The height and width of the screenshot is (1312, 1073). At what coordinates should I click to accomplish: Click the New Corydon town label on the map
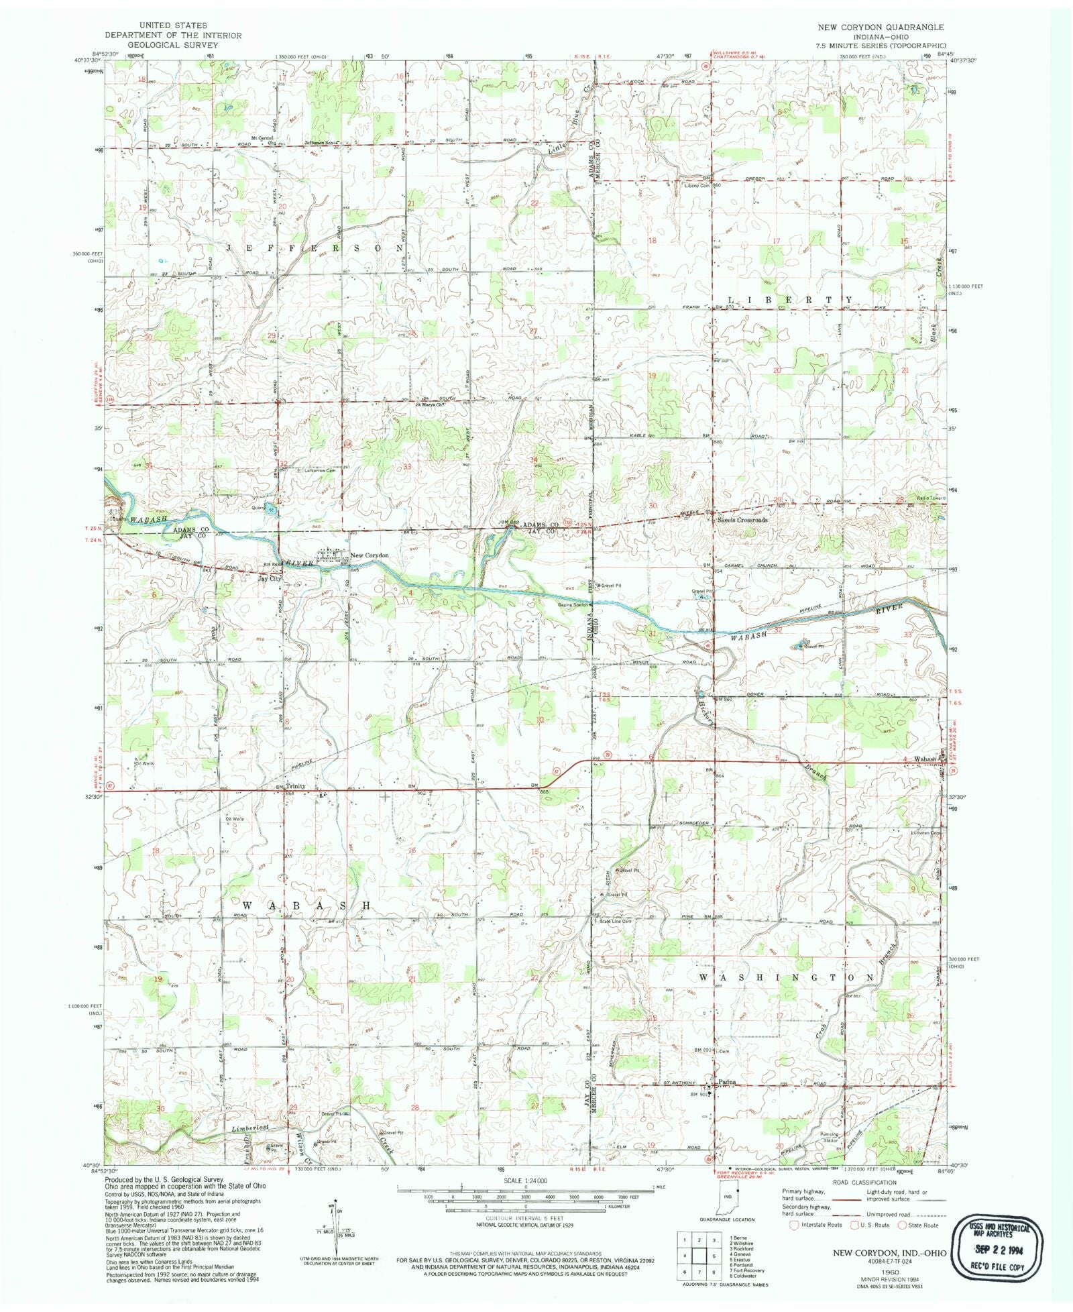tap(370, 555)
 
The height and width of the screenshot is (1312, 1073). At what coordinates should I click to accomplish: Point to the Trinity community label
tap(296, 786)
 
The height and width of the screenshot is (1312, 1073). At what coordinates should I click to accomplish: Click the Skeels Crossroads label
tap(742, 520)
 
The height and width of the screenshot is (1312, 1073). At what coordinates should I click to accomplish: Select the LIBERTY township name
tap(791, 299)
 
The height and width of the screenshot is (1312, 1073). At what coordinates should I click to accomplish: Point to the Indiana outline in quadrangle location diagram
tap(726, 1199)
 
